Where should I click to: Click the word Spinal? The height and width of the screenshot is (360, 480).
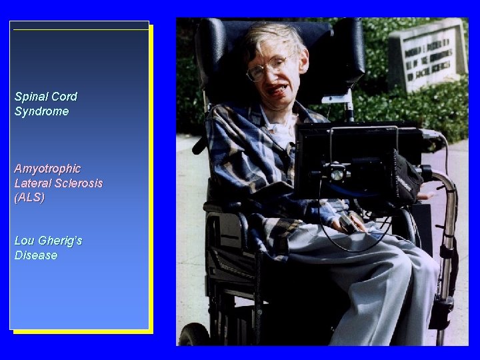[x=29, y=97]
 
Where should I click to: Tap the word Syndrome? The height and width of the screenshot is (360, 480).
[x=41, y=111]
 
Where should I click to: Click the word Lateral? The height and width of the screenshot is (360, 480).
[x=32, y=183]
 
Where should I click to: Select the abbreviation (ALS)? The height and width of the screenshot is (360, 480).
[x=29, y=198]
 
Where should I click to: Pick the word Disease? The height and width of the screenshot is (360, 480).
[x=36, y=256]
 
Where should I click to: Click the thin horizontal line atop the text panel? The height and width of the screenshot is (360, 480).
[x=81, y=29]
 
